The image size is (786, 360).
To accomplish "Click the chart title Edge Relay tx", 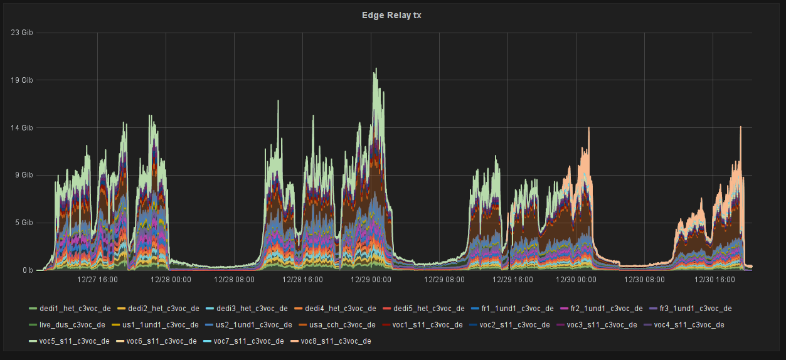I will [x=392, y=15].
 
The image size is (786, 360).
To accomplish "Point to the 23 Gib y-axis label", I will [x=23, y=33].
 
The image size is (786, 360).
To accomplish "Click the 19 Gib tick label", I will [x=23, y=80].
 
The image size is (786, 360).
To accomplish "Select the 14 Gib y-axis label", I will [x=23, y=128].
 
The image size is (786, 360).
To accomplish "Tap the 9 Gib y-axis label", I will [x=24, y=176].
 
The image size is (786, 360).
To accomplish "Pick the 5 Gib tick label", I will [x=24, y=223].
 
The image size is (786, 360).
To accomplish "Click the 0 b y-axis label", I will [x=28, y=270].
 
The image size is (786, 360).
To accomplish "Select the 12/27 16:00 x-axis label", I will [x=97, y=280].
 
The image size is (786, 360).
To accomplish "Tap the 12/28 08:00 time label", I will [x=234, y=280].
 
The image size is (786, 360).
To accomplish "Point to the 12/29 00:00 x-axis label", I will [x=371, y=280].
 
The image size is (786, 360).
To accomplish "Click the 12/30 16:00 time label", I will [x=713, y=280].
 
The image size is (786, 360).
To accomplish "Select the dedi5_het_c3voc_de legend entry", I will [x=428, y=309].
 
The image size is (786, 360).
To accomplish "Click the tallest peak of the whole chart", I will [x=376, y=70].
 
